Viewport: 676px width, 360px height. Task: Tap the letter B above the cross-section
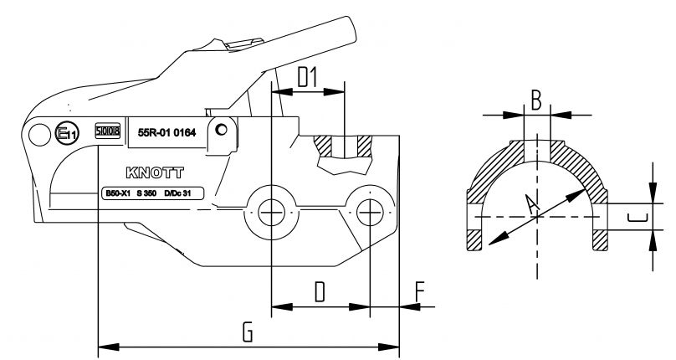(x=536, y=101)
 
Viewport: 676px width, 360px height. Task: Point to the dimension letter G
(x=248, y=332)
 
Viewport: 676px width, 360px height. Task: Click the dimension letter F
(x=419, y=293)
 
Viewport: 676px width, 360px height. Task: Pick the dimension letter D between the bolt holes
(x=319, y=293)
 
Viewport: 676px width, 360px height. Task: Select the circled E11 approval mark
(x=66, y=132)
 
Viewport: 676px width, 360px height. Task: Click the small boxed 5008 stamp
(x=107, y=131)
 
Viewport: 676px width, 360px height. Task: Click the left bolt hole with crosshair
(x=271, y=213)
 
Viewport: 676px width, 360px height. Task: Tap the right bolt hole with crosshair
(x=369, y=213)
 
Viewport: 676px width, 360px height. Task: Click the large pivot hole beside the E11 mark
(x=38, y=132)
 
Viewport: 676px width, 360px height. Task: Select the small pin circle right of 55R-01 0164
(x=220, y=131)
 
